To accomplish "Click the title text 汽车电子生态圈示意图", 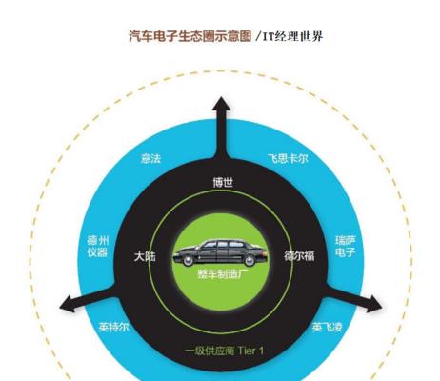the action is coord(190,36).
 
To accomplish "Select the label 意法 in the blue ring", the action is coord(151,158).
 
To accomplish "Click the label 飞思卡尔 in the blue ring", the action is coord(288,158).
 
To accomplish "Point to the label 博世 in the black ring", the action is coord(223,182).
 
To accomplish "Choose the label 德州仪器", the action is coord(98,247).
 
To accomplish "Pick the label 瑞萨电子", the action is coord(346,247).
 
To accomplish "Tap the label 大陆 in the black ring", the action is coord(145,256).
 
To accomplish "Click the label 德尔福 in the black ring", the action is coord(299,256).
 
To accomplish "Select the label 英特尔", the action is coord(113,327).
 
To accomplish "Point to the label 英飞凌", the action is coord(328,327).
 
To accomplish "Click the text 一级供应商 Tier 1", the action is coord(224,351).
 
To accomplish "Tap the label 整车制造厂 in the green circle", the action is coord(223,274).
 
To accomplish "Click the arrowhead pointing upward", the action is coord(221,105).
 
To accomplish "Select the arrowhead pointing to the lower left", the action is coord(69,304).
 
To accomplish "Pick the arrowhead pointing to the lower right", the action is coord(374,304).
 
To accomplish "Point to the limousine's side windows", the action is coord(221,245).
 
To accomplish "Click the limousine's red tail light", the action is coord(264,253).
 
